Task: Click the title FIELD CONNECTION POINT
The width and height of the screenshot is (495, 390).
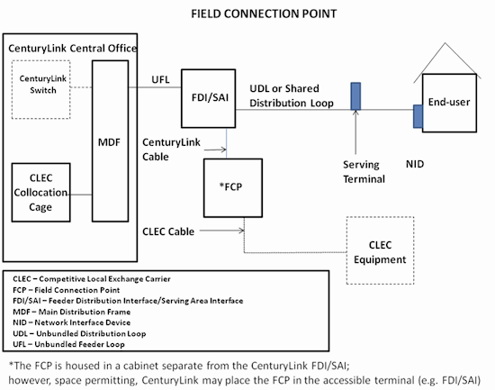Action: [264, 14]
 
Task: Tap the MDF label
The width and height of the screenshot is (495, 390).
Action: [109, 142]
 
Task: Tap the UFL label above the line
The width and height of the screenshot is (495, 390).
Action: [160, 79]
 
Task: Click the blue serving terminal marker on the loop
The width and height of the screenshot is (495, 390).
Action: [355, 96]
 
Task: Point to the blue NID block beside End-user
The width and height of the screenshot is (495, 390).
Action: [418, 116]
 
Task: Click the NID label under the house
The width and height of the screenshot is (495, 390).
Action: [415, 164]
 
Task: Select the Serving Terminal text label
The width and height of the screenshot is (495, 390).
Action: [364, 172]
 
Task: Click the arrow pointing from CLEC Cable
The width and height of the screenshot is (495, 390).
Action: [222, 231]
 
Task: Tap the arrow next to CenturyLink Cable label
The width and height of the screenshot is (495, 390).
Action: [215, 150]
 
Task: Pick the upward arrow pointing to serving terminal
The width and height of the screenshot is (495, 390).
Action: [355, 132]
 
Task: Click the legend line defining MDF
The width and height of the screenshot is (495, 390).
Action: [72, 312]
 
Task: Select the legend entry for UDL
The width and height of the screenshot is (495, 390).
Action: [79, 333]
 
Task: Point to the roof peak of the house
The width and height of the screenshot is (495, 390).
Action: [445, 43]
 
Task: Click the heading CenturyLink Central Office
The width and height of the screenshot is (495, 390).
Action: [73, 49]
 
